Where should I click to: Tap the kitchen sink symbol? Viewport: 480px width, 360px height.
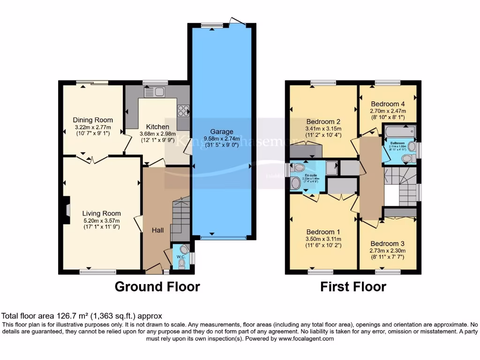click(156, 92)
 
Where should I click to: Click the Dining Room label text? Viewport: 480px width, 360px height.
click(92, 120)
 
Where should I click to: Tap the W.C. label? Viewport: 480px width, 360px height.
click(181, 257)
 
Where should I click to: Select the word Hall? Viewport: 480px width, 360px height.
click(157, 230)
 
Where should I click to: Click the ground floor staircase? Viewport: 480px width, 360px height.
click(180, 218)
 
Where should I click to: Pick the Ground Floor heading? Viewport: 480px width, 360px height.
click(157, 286)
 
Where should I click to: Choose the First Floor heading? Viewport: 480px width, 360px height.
click(353, 286)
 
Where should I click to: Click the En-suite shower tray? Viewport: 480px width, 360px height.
click(331, 168)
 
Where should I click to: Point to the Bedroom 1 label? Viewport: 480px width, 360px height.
click(323, 232)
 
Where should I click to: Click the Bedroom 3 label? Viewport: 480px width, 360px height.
click(387, 244)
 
